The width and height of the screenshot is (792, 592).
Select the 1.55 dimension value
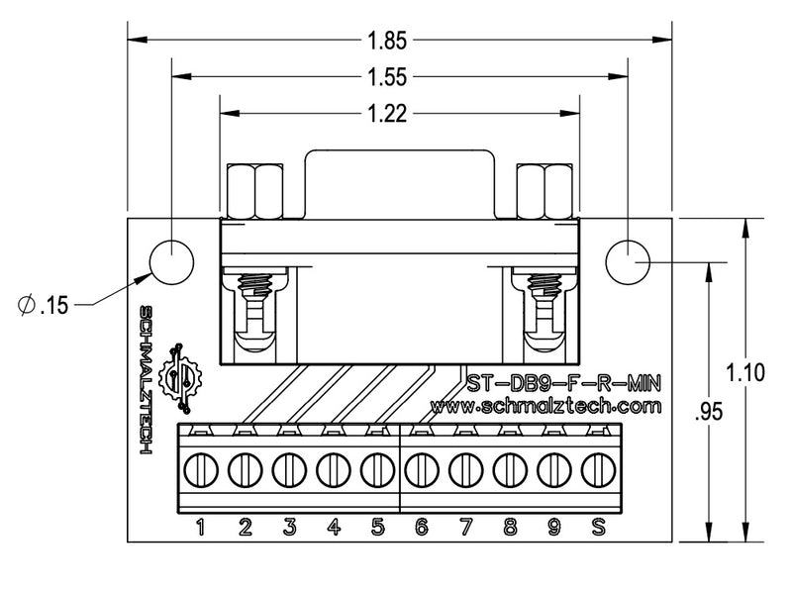point(388,77)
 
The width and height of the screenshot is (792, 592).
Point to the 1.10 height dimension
point(744,373)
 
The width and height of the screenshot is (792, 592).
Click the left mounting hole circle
point(172,262)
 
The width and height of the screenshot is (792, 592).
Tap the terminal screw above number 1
point(200,466)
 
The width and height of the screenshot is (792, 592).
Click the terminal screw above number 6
point(421,466)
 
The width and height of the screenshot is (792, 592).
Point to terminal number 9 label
point(553,527)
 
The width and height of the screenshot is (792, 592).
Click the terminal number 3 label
point(289,527)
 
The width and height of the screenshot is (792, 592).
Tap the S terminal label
point(597,527)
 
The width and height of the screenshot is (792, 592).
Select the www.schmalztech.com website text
point(546,406)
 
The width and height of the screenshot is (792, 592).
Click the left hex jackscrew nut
point(255,191)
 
